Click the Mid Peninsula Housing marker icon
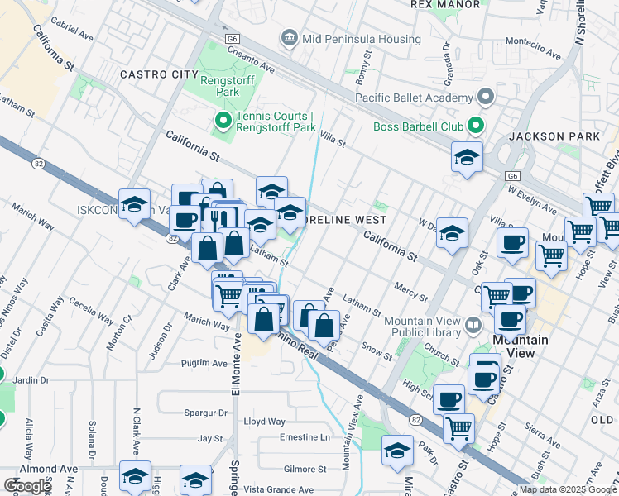pos(289,36)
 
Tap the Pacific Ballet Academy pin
pos(486,98)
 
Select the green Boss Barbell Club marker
pos(475,126)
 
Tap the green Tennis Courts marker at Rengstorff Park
pos(223,122)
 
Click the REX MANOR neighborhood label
pos(445,4)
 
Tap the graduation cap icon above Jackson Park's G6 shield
pos(467,158)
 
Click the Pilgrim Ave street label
pos(204,363)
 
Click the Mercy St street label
pos(410,292)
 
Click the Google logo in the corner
pos(28,486)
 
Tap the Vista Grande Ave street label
pos(289,489)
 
